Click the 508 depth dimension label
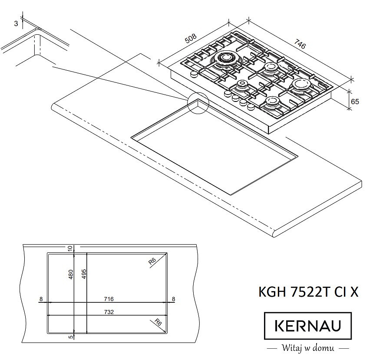click(191, 39)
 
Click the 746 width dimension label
click(300, 44)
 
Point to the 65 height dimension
click(355, 101)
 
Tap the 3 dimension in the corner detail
click(16, 23)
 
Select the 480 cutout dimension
click(71, 274)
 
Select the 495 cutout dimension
click(83, 274)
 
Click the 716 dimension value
click(109, 299)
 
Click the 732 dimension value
click(109, 312)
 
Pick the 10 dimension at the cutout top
click(70, 249)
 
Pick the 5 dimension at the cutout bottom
click(71, 337)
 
